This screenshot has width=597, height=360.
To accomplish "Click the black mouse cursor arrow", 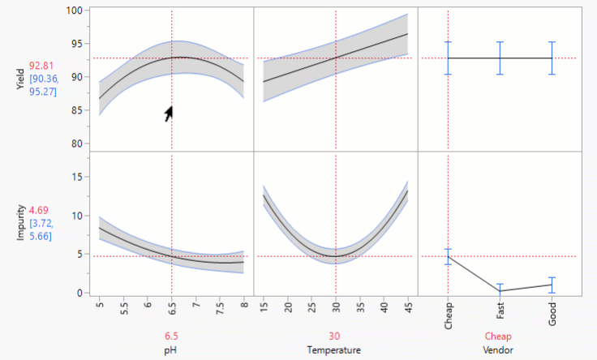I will coord(168,114).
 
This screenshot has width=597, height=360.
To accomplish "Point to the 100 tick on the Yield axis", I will coord(75,11).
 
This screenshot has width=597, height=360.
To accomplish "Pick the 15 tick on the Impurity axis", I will coord(77,176).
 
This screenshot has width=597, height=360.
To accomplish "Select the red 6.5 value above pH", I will coord(172,336).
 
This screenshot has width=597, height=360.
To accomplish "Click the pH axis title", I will coord(172,350).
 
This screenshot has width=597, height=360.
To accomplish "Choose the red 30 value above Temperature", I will coord(335,336).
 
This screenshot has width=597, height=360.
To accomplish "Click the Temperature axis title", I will coord(335,350).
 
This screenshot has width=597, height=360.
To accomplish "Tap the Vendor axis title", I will coord(499,350).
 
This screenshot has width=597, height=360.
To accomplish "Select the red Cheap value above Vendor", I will coord(499,336).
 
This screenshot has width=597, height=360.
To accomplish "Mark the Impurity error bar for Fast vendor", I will coord(500,286).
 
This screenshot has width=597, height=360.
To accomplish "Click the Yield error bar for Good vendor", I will coord(552,58).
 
